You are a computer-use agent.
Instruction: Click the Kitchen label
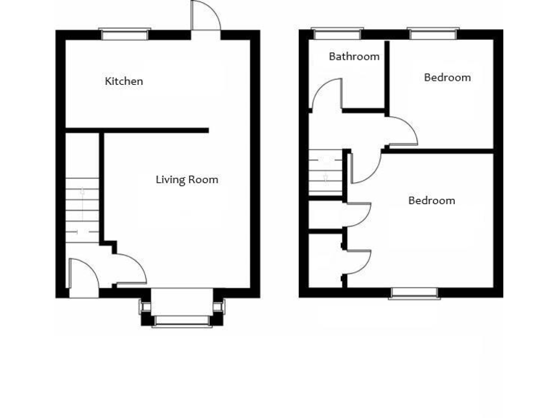point(124,81)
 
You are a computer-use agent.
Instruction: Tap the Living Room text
point(186,180)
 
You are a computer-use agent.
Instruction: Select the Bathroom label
point(354,57)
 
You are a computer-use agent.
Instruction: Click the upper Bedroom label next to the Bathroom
point(447,78)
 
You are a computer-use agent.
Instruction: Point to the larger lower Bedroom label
point(432,201)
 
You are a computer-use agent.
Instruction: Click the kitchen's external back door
point(205,16)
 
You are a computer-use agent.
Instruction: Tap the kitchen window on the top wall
point(125,32)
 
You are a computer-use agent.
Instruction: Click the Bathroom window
point(337,32)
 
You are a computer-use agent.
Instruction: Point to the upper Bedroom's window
point(433,32)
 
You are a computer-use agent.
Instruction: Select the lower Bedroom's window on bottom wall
point(414,293)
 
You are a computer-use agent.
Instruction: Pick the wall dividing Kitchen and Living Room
point(154,131)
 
